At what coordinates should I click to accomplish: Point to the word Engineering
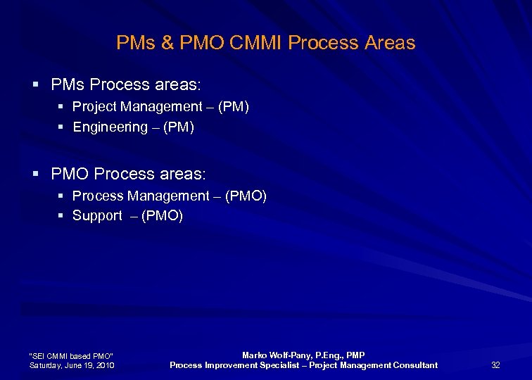pyautogui.click(x=110, y=127)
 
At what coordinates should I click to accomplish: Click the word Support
pyautogui.click(x=97, y=216)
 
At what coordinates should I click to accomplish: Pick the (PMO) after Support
pyautogui.click(x=163, y=216)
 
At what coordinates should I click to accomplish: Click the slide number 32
pyautogui.click(x=495, y=365)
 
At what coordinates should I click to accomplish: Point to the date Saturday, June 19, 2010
pyautogui.click(x=71, y=365)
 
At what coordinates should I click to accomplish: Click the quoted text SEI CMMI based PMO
pyautogui.click(x=70, y=355)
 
